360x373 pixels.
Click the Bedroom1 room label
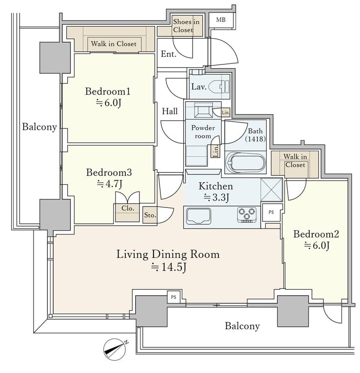click(108, 91)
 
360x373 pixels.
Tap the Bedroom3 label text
click(109, 173)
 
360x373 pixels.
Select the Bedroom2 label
click(316, 234)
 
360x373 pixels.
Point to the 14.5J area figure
click(168, 267)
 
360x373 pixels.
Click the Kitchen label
click(215, 186)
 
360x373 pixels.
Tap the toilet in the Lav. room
click(219, 87)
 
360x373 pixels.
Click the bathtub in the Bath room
click(245, 162)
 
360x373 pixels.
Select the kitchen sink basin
click(199, 216)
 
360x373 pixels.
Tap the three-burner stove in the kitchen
click(247, 215)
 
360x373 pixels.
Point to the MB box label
click(221, 20)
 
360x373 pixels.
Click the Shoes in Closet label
click(186, 26)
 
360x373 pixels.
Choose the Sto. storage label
click(150, 215)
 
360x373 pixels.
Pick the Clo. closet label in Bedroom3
click(128, 208)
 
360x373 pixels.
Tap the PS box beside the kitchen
click(271, 212)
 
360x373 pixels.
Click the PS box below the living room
click(173, 297)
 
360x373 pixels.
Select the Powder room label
click(203, 132)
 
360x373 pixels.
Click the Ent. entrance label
click(168, 54)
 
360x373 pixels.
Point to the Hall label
click(170, 111)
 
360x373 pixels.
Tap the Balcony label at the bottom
click(242, 326)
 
